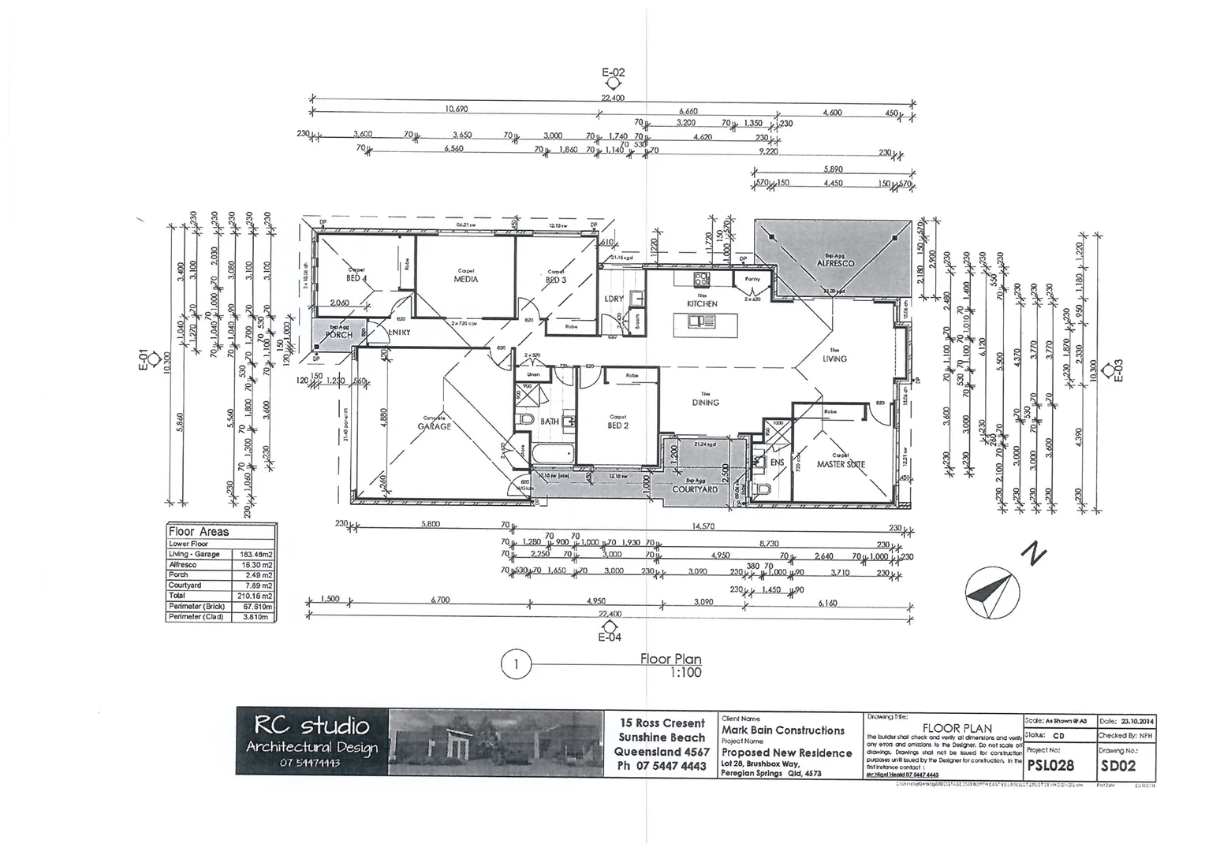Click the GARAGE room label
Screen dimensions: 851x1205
point(435,426)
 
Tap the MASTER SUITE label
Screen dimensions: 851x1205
point(841,464)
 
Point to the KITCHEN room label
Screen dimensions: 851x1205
point(702,303)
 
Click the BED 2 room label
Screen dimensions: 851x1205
point(617,425)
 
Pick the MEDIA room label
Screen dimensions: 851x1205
point(465,279)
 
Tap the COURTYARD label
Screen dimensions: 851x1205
point(695,489)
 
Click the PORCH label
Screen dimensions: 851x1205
point(339,335)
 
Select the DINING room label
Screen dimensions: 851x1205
point(705,403)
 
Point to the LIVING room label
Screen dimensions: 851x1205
point(834,359)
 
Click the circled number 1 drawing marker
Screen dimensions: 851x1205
point(515,665)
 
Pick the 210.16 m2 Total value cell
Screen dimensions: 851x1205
point(254,596)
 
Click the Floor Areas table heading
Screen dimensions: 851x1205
point(199,532)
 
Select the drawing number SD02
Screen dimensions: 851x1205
point(1119,765)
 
